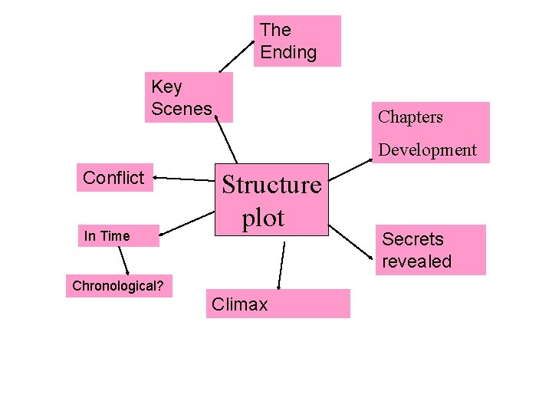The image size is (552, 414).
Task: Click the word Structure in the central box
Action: (x=271, y=185)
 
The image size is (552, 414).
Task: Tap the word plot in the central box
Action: (x=263, y=218)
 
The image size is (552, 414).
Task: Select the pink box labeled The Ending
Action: (x=297, y=41)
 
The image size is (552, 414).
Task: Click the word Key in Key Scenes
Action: (x=166, y=87)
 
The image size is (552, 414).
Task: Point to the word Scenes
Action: (x=182, y=109)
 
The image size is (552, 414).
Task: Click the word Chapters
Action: (x=410, y=117)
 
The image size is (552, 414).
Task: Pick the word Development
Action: (x=427, y=150)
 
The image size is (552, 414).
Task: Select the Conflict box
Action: (x=114, y=178)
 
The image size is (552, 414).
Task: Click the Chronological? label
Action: (x=119, y=287)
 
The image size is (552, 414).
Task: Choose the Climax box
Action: (x=278, y=304)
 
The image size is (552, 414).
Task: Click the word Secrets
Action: (x=412, y=239)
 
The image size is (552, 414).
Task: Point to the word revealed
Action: (x=416, y=261)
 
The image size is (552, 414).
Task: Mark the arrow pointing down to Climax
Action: (x=281, y=265)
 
